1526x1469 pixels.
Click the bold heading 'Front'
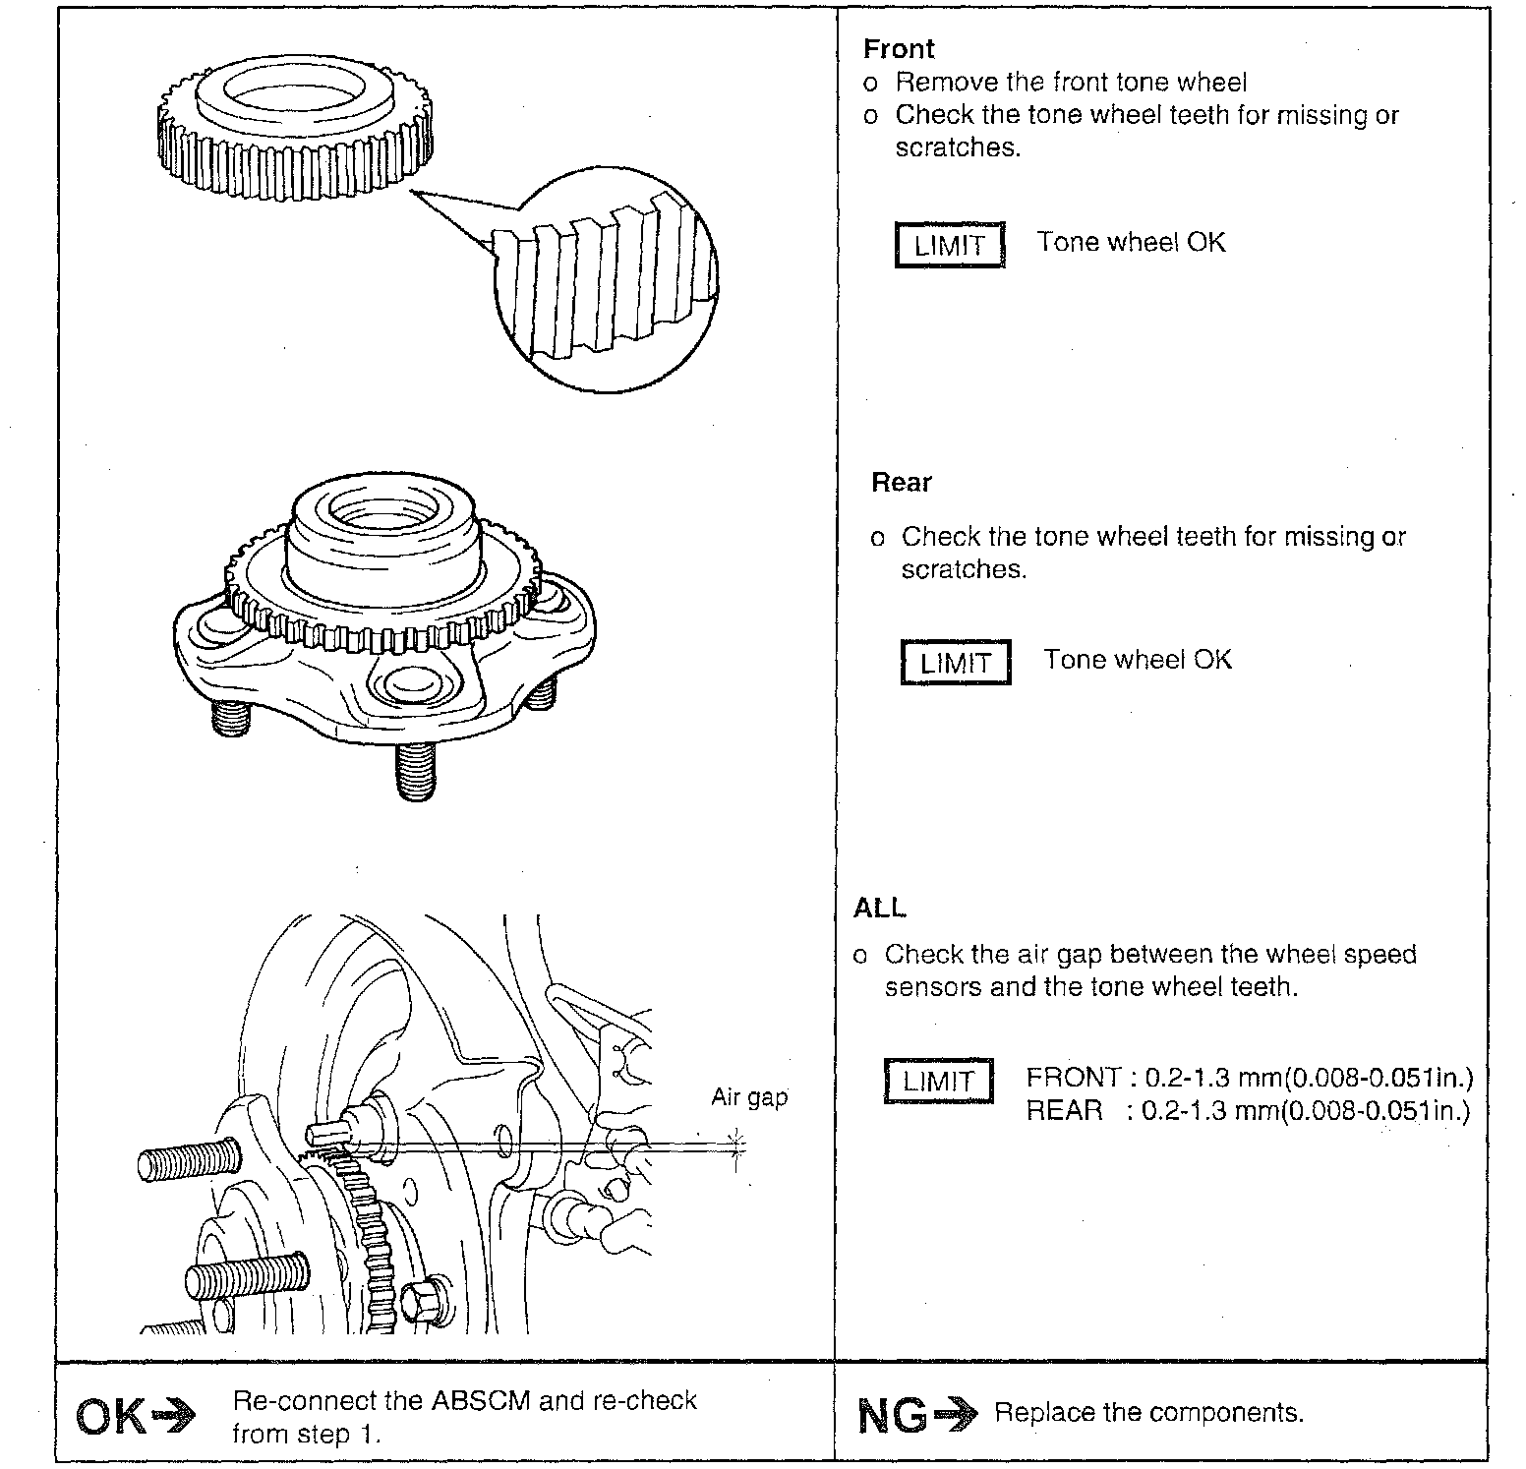(899, 49)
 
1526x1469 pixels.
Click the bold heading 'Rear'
(902, 483)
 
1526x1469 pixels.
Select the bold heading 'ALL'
(880, 909)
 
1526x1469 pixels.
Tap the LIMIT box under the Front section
(950, 245)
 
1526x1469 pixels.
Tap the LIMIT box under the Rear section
(956, 663)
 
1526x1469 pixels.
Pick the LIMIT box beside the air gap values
(938, 1082)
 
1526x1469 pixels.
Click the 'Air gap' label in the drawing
(749, 1097)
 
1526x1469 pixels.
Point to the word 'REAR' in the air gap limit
(1064, 1111)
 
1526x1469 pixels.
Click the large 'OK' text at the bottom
(109, 1417)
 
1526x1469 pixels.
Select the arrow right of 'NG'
(956, 1415)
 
